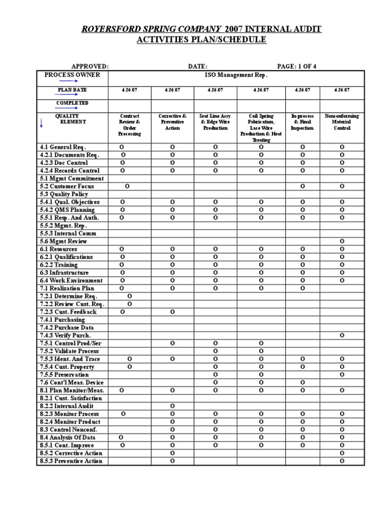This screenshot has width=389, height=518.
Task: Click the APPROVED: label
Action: [90, 66]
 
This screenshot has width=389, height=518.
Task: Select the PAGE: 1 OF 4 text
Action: [297, 66]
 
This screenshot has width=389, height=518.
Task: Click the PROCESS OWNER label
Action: [72, 75]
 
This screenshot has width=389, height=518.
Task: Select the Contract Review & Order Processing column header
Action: [129, 125]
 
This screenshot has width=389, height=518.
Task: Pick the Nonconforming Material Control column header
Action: [342, 122]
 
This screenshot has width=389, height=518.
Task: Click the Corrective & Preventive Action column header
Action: [172, 122]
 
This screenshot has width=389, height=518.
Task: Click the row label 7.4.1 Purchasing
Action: [62, 320]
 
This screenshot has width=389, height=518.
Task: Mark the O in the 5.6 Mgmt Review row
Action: [342, 241]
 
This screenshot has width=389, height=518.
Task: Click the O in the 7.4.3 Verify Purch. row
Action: [342, 335]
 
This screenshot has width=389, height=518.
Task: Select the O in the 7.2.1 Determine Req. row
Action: [130, 296]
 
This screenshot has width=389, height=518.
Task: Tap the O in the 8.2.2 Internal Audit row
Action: [172, 406]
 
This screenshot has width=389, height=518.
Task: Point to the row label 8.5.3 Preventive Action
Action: [71, 461]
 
